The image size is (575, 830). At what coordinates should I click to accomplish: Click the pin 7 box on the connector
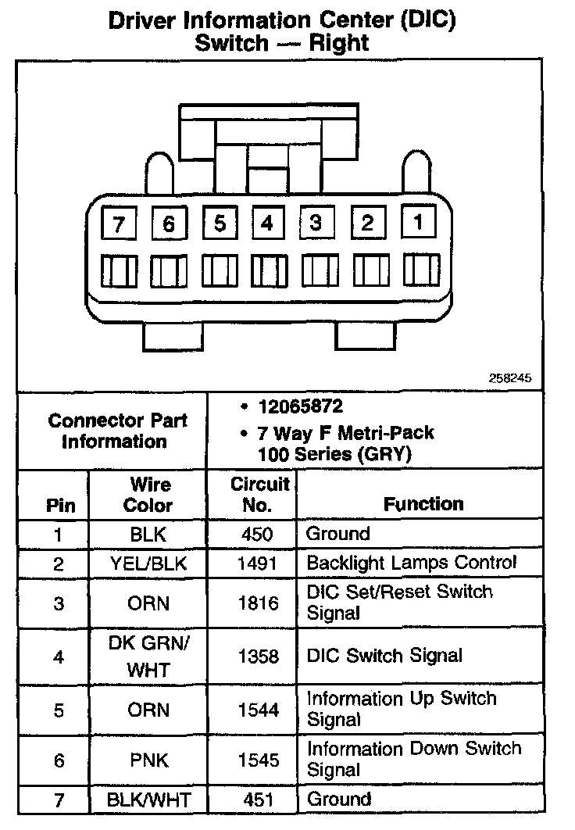pos(119,225)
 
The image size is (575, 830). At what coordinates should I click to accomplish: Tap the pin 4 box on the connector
pos(267,224)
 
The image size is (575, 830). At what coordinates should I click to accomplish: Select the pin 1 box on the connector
pos(418,222)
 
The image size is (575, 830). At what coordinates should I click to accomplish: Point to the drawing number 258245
pos(510,378)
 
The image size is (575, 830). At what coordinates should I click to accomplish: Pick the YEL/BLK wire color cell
pos(148,563)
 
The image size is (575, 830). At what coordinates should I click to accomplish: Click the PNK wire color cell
pos(148,760)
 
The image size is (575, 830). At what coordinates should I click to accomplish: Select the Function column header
pos(423,504)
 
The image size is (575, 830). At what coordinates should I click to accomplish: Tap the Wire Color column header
pos(148,495)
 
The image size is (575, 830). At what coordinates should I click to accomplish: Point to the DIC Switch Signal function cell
pos(384,656)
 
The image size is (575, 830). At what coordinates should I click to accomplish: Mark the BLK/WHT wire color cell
pos(148,800)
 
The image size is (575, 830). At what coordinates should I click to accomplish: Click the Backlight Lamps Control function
pos(411,563)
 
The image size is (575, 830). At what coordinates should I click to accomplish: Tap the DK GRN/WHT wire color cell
pos(148,656)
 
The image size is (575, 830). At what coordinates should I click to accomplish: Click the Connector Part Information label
pos(118,431)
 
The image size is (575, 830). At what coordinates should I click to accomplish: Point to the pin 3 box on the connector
pos(316,224)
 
